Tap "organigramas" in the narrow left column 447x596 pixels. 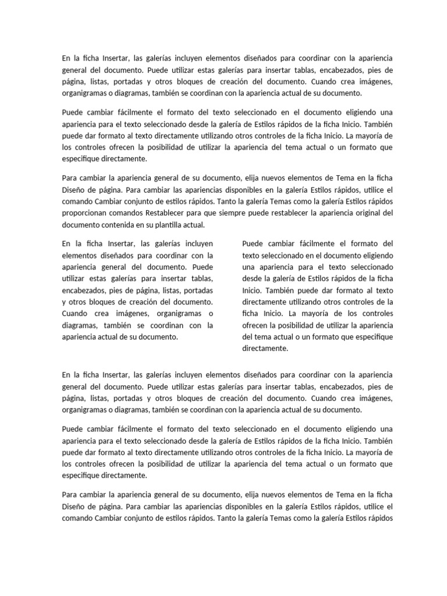165,314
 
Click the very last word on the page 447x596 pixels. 381,518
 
